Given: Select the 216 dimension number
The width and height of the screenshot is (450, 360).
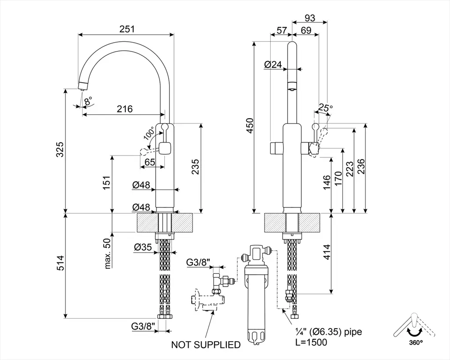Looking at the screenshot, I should (125, 109).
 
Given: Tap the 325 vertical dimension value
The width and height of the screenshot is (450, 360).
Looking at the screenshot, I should (61, 149).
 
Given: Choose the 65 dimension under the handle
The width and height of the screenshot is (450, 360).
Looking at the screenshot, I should (150, 162).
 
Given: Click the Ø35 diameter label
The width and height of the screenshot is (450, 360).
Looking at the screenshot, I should (143, 247).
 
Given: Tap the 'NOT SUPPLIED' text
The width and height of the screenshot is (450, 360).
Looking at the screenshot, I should (206, 345).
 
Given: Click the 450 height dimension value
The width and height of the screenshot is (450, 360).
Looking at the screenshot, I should (250, 126).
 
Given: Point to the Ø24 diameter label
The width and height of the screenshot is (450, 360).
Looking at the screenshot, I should (273, 65).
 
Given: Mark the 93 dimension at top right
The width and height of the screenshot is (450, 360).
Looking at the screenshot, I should (310, 18).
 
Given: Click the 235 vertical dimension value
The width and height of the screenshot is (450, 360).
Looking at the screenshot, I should (196, 167).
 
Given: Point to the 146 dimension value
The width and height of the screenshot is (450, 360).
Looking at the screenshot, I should (327, 182).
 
